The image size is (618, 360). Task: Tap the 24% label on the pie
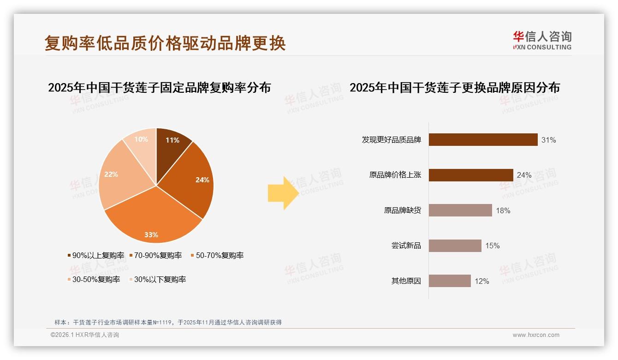202,180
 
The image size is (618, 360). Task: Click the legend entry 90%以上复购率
96,255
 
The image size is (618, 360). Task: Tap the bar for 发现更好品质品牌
483,140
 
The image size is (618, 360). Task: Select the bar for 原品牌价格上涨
470,175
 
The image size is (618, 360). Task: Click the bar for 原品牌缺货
460,210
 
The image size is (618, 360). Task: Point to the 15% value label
492,246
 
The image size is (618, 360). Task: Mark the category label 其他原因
406,281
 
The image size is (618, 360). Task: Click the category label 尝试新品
406,246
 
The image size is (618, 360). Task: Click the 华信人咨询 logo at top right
542,41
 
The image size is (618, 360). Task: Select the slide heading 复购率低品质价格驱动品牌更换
165,43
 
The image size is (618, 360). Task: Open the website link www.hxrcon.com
535,335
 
